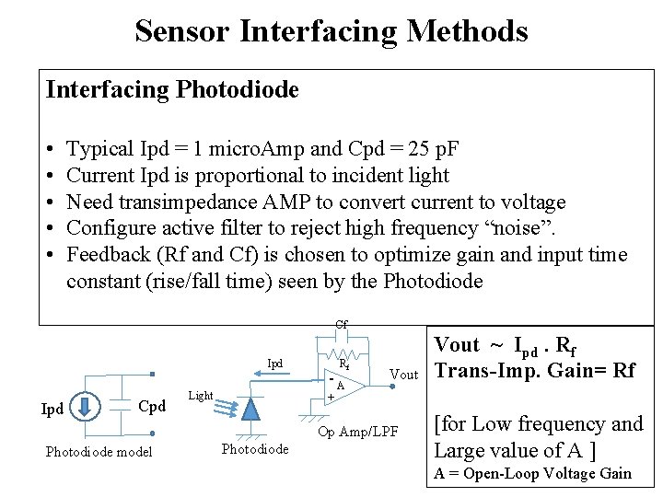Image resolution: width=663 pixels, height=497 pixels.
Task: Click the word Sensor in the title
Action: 182,30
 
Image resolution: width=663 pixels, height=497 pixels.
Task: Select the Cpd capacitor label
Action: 151,407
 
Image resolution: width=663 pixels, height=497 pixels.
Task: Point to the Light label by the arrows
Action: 200,395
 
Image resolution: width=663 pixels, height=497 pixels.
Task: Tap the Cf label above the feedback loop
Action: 341,324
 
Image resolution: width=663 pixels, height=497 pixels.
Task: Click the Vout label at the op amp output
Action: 404,375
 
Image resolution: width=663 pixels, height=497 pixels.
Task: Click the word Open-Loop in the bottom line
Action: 498,473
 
